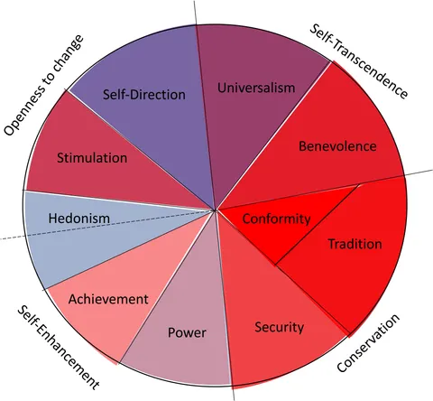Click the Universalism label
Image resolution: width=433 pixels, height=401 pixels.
click(x=256, y=88)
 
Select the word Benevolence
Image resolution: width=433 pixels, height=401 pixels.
click(x=337, y=146)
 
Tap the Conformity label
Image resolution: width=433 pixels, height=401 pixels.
click(x=276, y=219)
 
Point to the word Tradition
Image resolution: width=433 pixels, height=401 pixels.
click(x=355, y=244)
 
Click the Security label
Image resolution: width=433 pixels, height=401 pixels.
click(x=280, y=327)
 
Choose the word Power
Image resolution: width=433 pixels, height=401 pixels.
click(x=187, y=332)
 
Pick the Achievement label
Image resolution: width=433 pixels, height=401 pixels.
click(x=108, y=299)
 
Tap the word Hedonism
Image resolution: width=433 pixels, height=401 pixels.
click(x=79, y=219)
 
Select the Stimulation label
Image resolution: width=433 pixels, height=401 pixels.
click(x=92, y=158)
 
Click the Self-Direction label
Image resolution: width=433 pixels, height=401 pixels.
click(x=144, y=95)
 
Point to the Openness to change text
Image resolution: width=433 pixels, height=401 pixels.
click(x=43, y=86)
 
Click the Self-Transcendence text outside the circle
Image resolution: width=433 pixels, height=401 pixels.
click(x=359, y=61)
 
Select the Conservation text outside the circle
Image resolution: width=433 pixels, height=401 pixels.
click(x=368, y=343)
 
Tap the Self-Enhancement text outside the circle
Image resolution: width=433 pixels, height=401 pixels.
click(x=58, y=348)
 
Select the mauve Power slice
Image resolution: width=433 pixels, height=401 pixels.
click(x=187, y=325)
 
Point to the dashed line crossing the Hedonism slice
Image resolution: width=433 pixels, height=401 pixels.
click(x=107, y=224)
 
